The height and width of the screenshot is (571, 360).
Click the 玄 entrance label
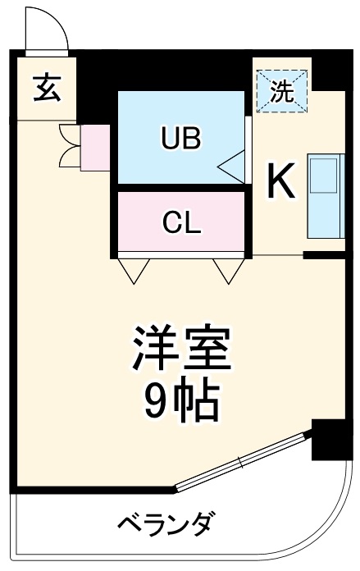pyautogui.click(x=46, y=88)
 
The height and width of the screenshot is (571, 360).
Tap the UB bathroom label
pyautogui.click(x=181, y=139)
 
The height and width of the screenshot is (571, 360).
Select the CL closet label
pyautogui.click(x=181, y=222)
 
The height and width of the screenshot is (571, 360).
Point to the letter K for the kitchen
pyautogui.click(x=281, y=182)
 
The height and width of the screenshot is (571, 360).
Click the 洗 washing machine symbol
pyautogui.click(x=281, y=91)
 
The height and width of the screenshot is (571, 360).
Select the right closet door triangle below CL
pyautogui.click(x=226, y=269)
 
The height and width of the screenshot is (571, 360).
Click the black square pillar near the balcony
pyautogui.click(x=329, y=440)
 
